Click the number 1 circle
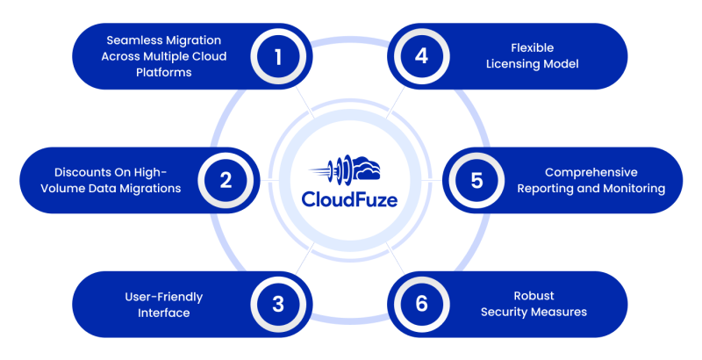click(278, 57)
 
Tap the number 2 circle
click(226, 180)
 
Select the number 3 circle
click(278, 304)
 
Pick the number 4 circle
click(422, 57)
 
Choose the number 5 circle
click(476, 180)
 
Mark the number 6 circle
click(422, 304)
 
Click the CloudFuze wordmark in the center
click(349, 199)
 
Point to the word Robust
click(533, 296)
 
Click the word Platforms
click(161, 73)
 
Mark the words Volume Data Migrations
click(118, 188)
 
